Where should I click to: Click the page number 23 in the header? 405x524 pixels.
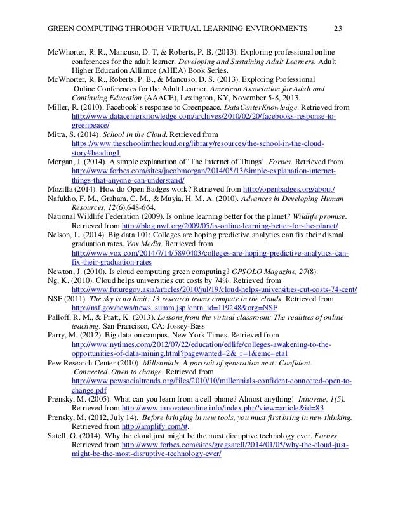(338, 28)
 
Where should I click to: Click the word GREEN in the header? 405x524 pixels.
(65, 28)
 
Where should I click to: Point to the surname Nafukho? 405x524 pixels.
(66, 199)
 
